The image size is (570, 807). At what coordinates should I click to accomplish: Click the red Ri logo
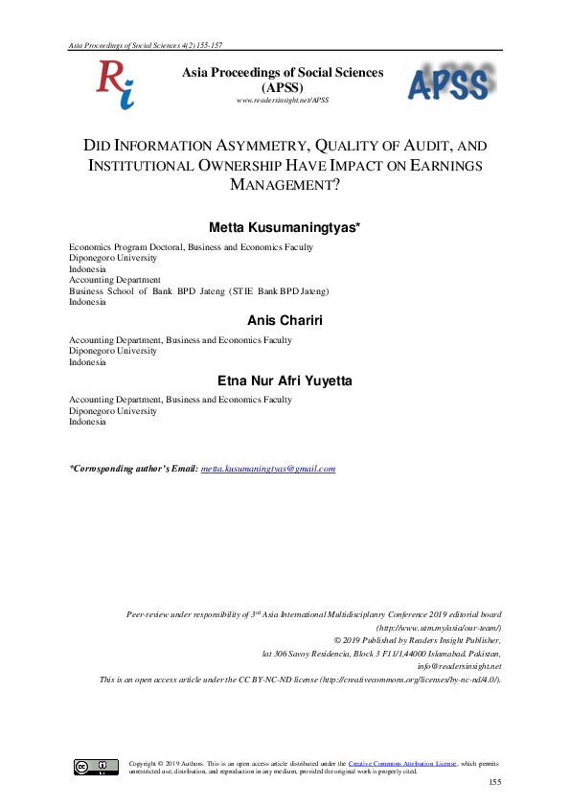pos(113,83)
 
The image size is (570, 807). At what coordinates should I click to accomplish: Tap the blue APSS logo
pos(451,84)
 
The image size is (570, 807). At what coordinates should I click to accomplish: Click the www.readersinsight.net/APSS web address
pos(282,100)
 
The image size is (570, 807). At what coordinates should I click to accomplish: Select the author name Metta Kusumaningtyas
pos(285,227)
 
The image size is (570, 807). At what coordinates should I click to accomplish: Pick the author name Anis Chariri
pos(285,320)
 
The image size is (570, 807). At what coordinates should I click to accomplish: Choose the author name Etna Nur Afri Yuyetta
pos(285,380)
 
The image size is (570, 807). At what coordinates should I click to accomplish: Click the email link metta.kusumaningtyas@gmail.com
pos(268,469)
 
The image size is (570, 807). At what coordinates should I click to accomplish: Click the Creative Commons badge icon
pos(97,767)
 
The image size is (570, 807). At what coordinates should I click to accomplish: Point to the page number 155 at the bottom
pos(494,784)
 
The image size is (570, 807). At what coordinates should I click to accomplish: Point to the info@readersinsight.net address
pos(460,666)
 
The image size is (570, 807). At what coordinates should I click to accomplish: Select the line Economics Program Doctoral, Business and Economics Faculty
pos(191,247)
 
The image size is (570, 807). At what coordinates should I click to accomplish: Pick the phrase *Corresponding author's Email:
pos(133,469)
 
